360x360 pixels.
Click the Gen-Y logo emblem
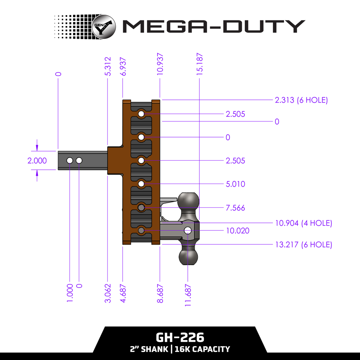pos(104,26)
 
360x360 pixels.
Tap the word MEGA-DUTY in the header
pos(213,26)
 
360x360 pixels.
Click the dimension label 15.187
pos(200,64)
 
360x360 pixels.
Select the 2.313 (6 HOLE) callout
pos(301,100)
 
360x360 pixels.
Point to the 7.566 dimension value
pos(236,208)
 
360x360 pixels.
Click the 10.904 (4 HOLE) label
pos(303,223)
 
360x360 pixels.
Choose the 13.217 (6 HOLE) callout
pos(303,245)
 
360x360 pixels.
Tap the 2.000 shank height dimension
pos(37,161)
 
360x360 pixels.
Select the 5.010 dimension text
pos(236,184)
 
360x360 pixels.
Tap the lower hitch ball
pos(188,257)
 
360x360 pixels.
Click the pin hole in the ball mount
pos(188,231)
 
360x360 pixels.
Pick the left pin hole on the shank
pos(70,160)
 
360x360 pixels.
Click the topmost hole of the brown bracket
pos(141,114)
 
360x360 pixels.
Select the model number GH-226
pos(180,337)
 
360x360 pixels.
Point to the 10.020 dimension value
pos(238,231)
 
